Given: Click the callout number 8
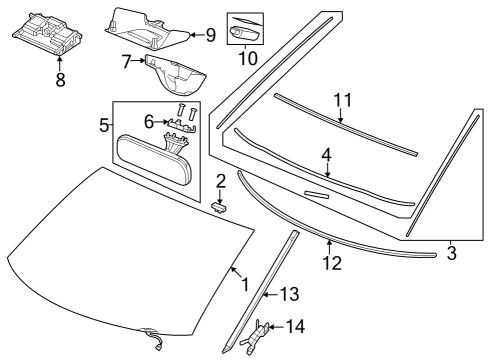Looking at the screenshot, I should tap(60, 80).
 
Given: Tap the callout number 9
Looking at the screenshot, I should tap(210, 35).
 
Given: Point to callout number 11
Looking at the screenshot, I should tap(343, 100).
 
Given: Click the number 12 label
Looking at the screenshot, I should tap(331, 263).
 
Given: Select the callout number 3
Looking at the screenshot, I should tap(451, 254).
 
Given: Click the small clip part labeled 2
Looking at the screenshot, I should tap(222, 207).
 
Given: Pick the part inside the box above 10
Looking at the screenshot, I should tap(246, 31).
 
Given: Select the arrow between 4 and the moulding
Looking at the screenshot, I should tap(326, 167).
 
